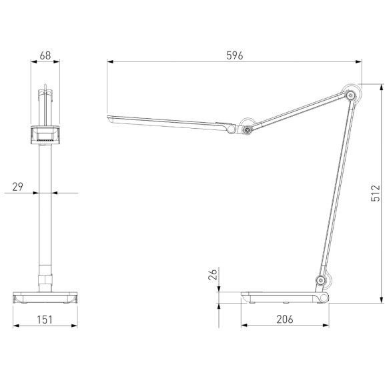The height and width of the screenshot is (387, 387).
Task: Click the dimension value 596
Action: (234, 55)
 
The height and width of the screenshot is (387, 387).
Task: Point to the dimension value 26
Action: (212, 275)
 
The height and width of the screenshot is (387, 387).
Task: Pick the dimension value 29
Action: (18, 186)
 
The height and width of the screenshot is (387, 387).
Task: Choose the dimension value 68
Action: (45, 56)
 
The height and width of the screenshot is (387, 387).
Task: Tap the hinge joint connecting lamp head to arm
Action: (247, 130)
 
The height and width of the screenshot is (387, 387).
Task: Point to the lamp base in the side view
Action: (284, 296)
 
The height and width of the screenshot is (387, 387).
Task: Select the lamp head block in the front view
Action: (45, 135)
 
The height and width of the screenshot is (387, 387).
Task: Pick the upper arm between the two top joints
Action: (298, 113)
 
